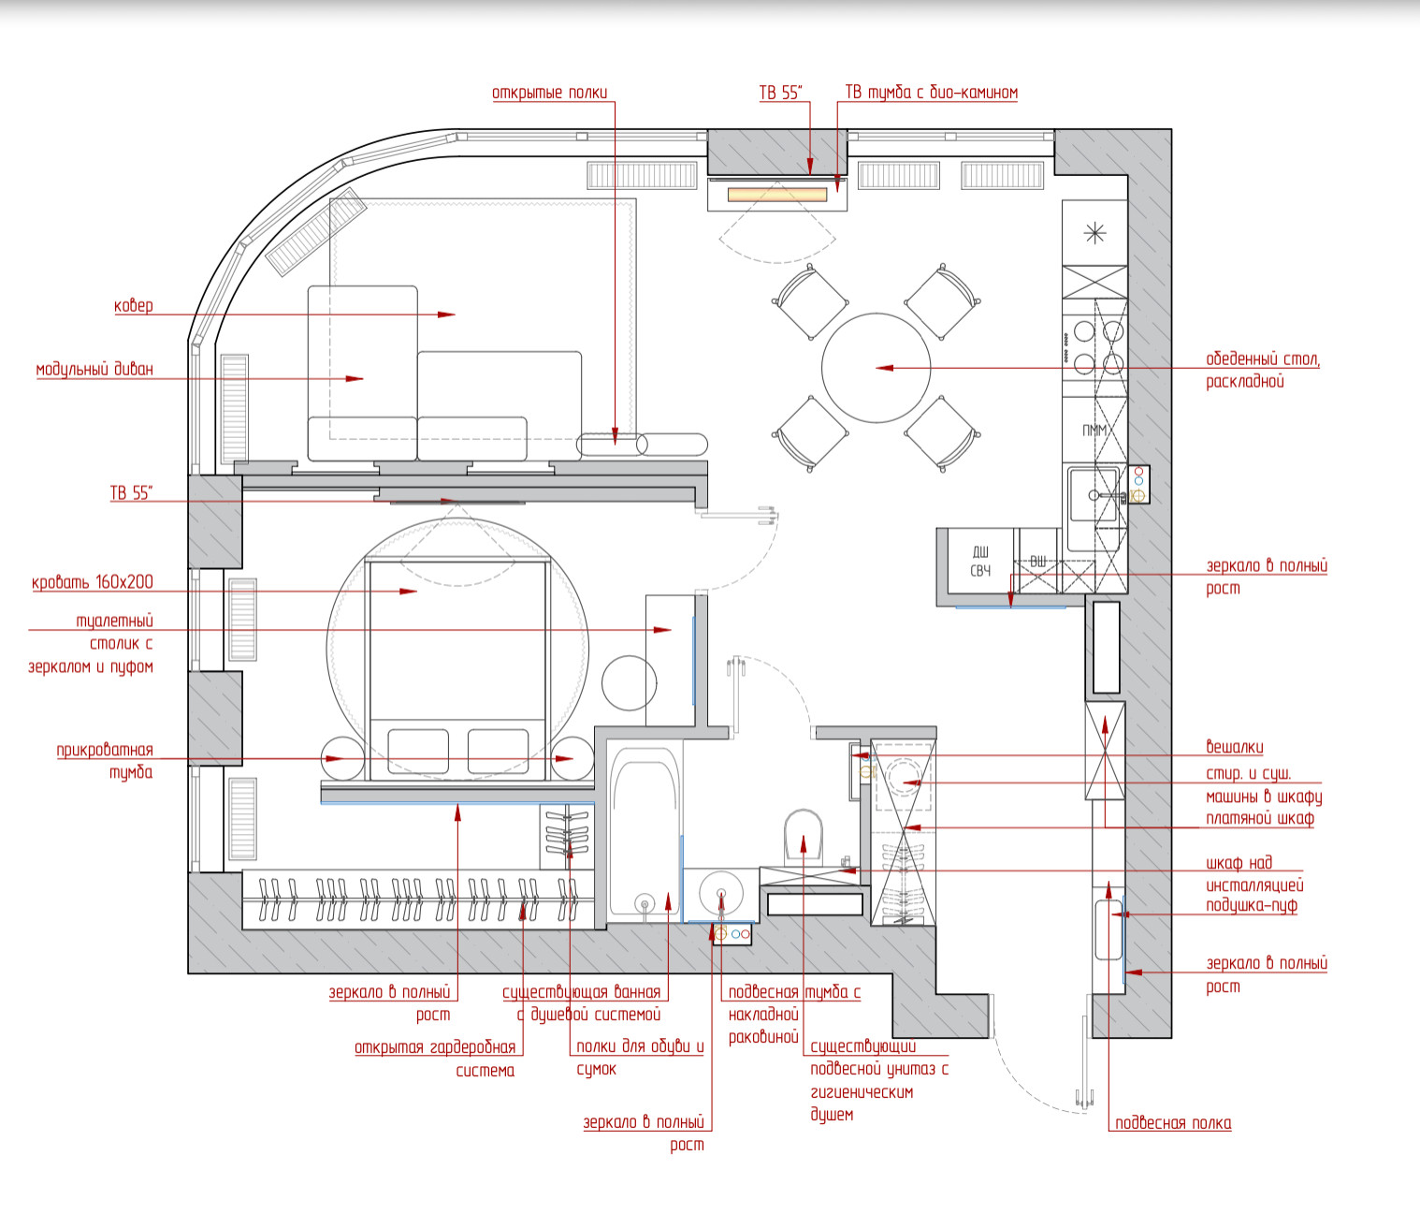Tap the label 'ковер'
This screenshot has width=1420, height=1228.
(x=133, y=305)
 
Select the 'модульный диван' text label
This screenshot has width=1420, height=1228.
(x=94, y=369)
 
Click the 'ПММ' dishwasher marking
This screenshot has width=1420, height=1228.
(x=1094, y=431)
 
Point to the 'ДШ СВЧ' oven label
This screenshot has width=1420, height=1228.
(x=980, y=561)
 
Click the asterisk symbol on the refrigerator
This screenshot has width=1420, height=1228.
(x=1094, y=233)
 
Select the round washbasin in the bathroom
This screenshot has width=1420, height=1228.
(x=720, y=893)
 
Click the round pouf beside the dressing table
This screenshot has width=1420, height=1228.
(x=629, y=682)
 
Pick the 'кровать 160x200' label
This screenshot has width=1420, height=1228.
(x=92, y=582)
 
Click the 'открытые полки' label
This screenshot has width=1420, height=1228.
(x=550, y=93)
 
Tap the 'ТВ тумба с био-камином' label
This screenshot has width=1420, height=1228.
(x=931, y=93)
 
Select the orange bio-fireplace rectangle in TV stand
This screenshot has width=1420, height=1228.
(x=777, y=195)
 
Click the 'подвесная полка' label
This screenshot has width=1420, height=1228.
(x=1173, y=1123)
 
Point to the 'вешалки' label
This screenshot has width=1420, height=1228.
(x=1235, y=747)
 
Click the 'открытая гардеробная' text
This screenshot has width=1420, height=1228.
(x=435, y=1048)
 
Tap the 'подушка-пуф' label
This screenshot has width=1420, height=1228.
(x=1252, y=905)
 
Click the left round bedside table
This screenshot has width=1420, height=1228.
(x=342, y=758)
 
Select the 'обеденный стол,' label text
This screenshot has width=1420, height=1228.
(x=1263, y=359)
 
